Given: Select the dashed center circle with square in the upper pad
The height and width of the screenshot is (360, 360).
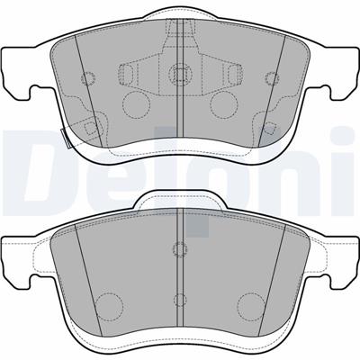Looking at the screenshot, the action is (x=180, y=73).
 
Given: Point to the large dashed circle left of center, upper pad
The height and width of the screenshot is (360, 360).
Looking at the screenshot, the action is (x=136, y=105).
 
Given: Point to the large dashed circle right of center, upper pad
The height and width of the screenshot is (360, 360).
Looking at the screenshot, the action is (x=224, y=105).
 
